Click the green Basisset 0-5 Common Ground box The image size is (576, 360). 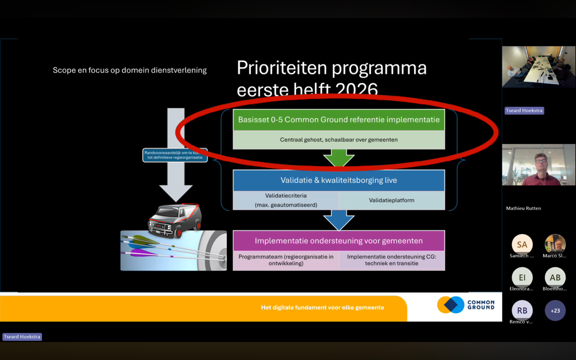click(338, 120)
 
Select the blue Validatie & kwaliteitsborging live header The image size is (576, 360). click(338, 180)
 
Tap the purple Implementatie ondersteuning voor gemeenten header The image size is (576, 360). click(338, 241)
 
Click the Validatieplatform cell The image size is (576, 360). click(392, 200)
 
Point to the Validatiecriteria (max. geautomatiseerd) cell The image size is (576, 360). click(286, 200)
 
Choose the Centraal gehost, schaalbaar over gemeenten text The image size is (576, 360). click(338, 140)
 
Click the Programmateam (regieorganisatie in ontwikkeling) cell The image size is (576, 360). click(286, 260)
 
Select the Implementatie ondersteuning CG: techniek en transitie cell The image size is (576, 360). click(392, 260)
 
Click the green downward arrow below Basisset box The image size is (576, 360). click(339, 157)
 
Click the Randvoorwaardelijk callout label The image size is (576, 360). click(175, 155)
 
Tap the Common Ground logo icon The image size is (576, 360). click(451, 305)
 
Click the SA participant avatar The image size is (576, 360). click(522, 244)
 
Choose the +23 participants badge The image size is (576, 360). click(555, 310)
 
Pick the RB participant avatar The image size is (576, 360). click(522, 310)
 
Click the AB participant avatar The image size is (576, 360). click(555, 277)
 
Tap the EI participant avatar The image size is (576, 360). click(522, 277)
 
